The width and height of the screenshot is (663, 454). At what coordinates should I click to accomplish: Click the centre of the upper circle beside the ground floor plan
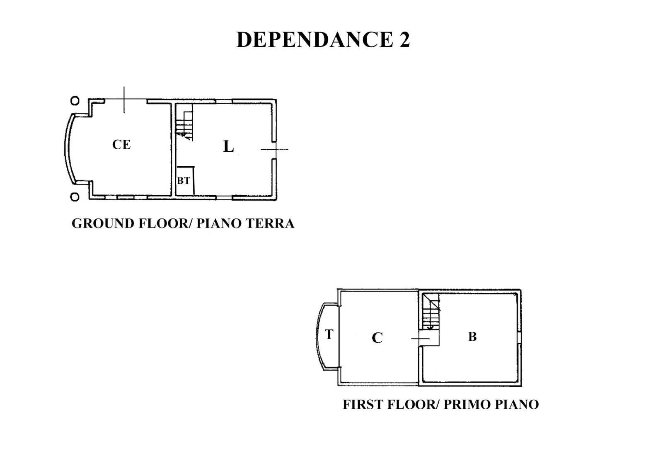tap(75, 101)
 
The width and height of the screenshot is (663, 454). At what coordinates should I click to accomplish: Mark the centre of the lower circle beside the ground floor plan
tap(75, 197)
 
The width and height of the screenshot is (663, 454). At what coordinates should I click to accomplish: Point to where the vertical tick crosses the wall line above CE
tap(124, 99)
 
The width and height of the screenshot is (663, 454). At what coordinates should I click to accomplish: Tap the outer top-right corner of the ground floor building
tap(276, 99)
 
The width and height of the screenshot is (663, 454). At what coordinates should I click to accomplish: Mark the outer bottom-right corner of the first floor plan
tap(521, 386)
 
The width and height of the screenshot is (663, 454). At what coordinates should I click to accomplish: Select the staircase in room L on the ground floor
tap(184, 125)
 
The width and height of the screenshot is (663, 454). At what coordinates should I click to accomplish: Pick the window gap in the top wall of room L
tap(224, 101)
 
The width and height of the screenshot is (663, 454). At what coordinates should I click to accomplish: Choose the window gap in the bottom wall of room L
tap(224, 197)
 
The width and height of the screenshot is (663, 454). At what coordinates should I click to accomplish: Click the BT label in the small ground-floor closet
tap(183, 181)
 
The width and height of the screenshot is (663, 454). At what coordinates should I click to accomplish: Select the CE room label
tap(121, 145)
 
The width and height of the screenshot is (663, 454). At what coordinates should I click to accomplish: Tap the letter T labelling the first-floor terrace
tap(329, 334)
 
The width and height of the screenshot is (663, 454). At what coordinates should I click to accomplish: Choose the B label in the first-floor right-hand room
tap(472, 336)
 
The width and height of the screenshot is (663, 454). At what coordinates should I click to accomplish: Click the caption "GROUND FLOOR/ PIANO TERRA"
tap(183, 223)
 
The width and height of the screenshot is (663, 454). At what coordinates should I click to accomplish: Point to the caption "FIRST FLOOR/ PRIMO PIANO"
tap(441, 404)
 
